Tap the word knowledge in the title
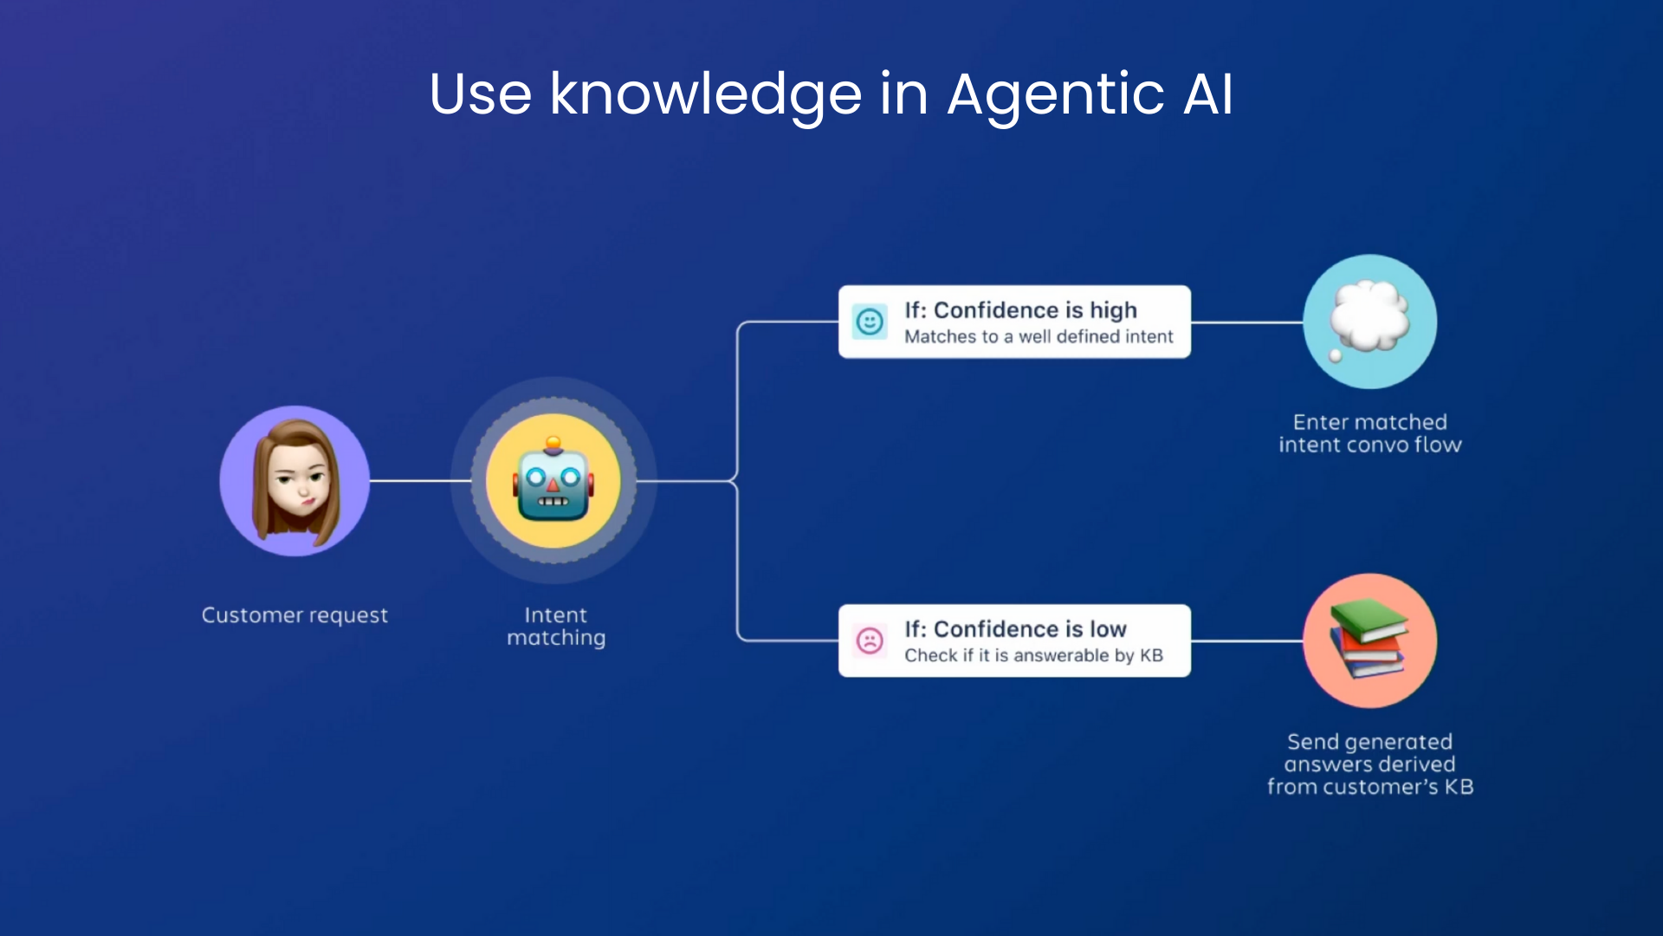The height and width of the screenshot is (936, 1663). click(706, 95)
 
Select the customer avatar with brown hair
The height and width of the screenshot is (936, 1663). click(295, 481)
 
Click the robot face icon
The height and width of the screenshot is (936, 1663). click(553, 482)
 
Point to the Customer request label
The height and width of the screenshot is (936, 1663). click(294, 615)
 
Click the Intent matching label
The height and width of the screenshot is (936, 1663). click(556, 627)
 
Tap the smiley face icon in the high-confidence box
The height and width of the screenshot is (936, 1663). click(870, 322)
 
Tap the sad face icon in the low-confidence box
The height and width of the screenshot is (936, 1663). click(870, 640)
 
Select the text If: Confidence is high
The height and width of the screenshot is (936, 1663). click(1020, 310)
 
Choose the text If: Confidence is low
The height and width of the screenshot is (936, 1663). click(1015, 629)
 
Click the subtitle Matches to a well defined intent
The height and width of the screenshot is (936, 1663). click(1039, 336)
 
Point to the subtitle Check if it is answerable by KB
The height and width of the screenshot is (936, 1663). click(1033, 655)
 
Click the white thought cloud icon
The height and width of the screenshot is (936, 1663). click(1369, 318)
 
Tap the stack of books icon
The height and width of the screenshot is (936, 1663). click(1369, 639)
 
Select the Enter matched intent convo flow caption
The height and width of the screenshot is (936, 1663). click(1370, 433)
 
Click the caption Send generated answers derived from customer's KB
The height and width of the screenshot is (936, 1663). click(1370, 764)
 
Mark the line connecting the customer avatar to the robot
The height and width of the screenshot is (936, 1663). click(420, 481)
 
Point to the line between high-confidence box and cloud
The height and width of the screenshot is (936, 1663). click(1246, 322)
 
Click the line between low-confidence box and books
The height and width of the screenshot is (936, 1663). click(1246, 641)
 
